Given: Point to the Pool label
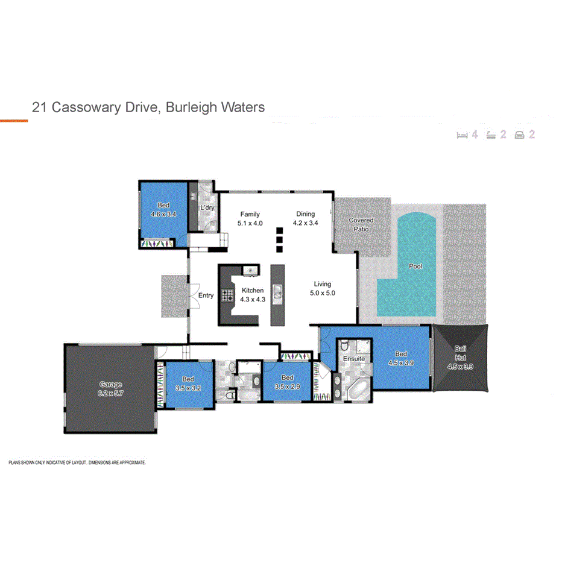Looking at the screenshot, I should [x=415, y=266].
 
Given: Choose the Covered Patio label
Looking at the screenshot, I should [x=361, y=224].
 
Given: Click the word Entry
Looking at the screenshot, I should [x=206, y=295].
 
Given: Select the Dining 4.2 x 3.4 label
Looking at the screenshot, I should [x=305, y=218].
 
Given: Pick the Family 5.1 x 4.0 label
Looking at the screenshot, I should [x=250, y=218].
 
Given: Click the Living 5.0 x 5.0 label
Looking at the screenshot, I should [x=322, y=289].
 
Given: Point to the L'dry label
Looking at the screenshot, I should [x=207, y=208].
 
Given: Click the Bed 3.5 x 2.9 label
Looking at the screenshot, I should [x=287, y=382].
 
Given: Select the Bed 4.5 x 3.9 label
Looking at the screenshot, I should [x=400, y=358].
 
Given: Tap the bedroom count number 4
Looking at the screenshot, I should [x=475, y=134].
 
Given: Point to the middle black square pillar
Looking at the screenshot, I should [x=279, y=239].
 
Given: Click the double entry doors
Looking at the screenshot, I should [x=192, y=295].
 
